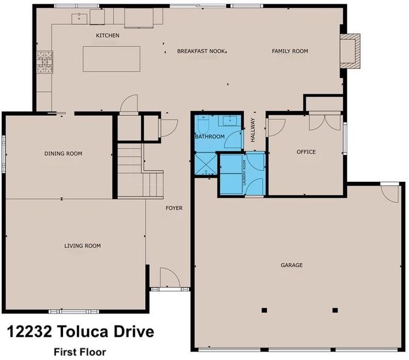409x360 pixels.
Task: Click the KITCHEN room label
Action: click(x=108, y=35)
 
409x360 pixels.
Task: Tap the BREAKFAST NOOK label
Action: click(x=201, y=51)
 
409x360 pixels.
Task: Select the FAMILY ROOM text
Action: click(x=290, y=51)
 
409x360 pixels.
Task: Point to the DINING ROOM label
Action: click(x=64, y=154)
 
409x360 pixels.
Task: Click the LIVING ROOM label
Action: click(x=82, y=245)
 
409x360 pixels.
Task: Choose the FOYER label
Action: click(x=175, y=208)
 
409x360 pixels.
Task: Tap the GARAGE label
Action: click(x=291, y=265)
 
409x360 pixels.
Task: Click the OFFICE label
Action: click(x=306, y=152)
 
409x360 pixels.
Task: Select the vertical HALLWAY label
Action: click(x=252, y=130)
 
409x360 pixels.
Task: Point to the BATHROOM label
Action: click(x=210, y=136)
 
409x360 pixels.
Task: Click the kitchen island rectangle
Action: click(x=112, y=59)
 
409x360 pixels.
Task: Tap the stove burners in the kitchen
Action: click(x=44, y=62)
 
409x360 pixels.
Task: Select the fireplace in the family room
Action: click(x=350, y=51)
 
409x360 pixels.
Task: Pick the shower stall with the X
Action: click(x=206, y=164)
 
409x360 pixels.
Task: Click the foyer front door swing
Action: click(x=170, y=278)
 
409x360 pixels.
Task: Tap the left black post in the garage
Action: click(x=264, y=310)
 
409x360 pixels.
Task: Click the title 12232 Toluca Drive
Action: click(x=80, y=332)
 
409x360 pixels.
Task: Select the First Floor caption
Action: click(x=80, y=352)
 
